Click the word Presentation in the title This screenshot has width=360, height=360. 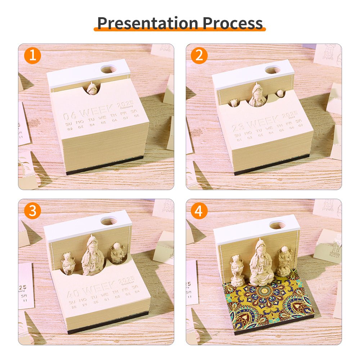(148, 23)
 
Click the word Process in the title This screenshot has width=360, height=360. (233, 23)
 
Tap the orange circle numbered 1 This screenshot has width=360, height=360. (33, 56)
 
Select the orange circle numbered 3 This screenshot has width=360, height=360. (33, 211)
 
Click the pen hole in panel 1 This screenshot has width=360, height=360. (108, 69)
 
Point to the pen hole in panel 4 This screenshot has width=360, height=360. (277, 226)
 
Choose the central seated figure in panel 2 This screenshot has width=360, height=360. (258, 95)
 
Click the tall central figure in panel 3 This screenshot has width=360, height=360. (93, 256)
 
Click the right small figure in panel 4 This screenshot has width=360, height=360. (283, 261)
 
